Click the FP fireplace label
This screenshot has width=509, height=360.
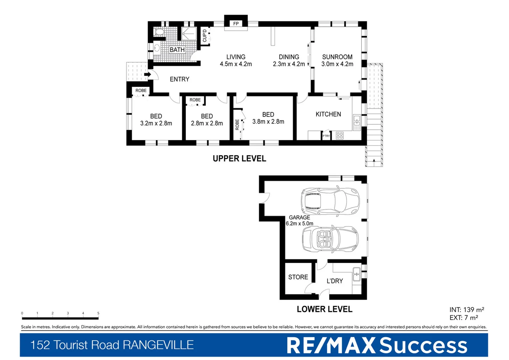236,24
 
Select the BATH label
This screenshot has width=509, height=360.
177,50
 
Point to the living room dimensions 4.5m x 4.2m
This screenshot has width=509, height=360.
236,64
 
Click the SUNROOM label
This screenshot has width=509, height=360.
337,57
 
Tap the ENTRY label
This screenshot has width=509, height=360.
179,79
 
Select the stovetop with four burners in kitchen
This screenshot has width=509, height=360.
339,135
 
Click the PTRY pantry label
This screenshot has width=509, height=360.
326,136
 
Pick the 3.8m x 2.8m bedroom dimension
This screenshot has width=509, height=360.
268,122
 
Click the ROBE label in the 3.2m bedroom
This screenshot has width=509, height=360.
141,91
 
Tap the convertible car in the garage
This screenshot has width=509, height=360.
330,239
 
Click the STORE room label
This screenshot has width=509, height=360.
298,277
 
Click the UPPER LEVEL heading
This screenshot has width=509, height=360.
239,159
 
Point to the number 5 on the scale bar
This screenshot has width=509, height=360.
98,313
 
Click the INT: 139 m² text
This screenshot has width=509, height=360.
466,310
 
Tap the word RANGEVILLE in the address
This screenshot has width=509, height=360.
158,345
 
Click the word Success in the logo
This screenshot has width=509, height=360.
423,345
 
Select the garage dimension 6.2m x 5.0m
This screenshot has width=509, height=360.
299,224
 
